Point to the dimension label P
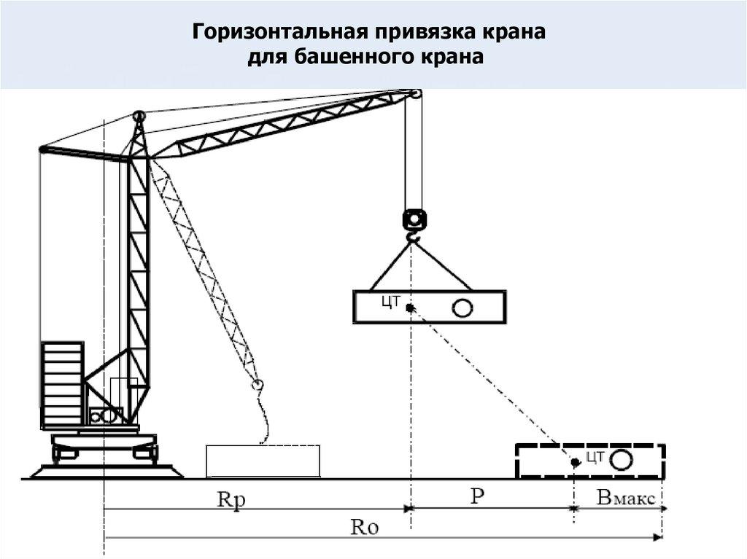coord(477,496)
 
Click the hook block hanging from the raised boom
coord(413,219)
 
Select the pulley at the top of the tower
coord(139,116)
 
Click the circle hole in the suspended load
coord(462,308)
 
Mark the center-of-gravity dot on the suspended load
coord(411,308)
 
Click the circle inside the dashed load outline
coord(622,461)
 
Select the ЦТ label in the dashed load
coord(595,458)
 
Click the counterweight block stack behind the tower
coord(63,385)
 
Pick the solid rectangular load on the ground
coord(263,461)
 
